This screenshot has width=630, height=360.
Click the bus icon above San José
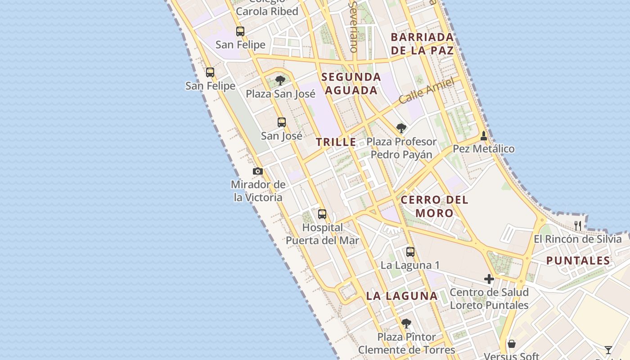282,122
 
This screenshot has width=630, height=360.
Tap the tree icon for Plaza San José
280,81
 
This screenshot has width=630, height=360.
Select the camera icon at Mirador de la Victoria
258,171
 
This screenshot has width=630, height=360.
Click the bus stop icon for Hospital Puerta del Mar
322,214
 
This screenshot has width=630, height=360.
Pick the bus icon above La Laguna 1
410,252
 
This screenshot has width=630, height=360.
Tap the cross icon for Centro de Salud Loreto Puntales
489,279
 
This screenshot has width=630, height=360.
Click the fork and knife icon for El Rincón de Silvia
578,225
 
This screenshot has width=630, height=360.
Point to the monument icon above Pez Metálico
484,135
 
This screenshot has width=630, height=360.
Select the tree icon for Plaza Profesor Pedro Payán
401,128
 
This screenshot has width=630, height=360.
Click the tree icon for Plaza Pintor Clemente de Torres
406,324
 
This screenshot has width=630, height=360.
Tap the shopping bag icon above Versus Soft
512,344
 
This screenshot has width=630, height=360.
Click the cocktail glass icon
608,350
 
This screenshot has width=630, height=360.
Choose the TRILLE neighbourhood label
336,142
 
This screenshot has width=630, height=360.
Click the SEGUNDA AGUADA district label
351,84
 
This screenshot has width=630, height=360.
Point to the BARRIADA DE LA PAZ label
422,44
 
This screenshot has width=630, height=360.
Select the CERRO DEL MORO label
434,206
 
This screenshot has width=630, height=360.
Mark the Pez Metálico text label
484,149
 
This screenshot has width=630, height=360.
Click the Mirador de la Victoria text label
258,191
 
